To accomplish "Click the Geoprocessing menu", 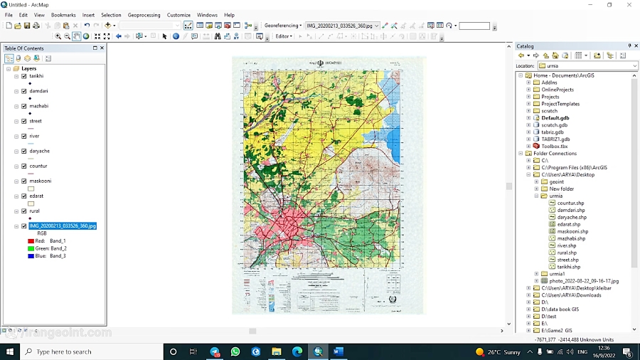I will (144, 15).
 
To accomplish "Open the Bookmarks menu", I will (63, 15).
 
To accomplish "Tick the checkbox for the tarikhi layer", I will (24, 76).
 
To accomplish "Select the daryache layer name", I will (39, 151).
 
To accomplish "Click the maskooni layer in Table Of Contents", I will (40, 181).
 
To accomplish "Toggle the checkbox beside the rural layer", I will (24, 211).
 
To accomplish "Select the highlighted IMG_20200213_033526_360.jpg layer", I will (63, 226).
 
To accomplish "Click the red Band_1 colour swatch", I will (31, 241).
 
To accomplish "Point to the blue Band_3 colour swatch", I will (31, 256).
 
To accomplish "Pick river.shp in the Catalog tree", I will (567, 245).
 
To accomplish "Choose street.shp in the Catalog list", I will (567, 260).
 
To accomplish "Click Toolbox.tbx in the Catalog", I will (554, 146).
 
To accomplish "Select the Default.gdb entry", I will (555, 118).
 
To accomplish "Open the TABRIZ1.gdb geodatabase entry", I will (555, 139).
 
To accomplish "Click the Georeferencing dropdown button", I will (283, 26).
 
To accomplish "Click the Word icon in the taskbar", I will (338, 351).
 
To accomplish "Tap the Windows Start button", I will (9, 351).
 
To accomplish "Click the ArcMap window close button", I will (629, 5).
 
